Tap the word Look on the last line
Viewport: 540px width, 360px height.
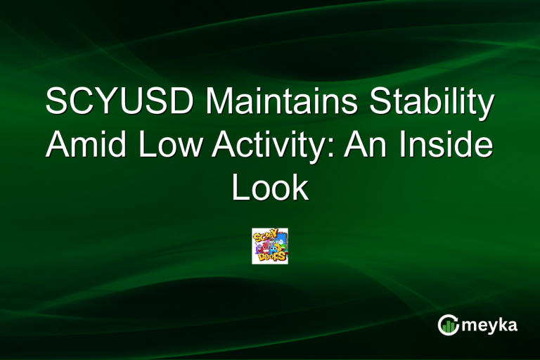click(x=270, y=188)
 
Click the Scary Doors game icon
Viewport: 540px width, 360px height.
click(x=270, y=246)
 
